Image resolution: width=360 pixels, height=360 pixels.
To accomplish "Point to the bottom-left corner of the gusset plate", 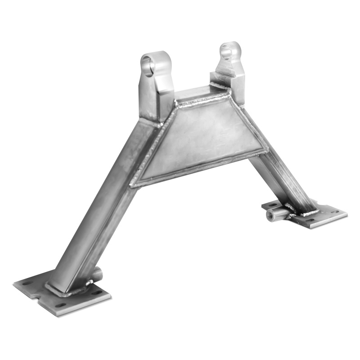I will [132, 184].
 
